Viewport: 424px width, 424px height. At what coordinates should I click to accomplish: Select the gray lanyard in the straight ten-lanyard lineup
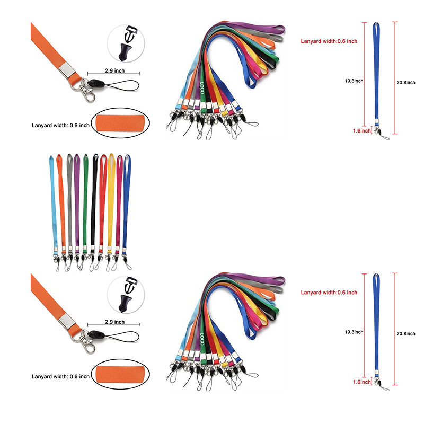[x=69, y=201]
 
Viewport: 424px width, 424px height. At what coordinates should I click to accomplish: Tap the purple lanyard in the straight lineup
[x=77, y=201]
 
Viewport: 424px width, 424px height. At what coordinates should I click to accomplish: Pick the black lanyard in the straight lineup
[x=94, y=201]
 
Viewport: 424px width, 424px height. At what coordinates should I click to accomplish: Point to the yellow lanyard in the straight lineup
[x=111, y=201]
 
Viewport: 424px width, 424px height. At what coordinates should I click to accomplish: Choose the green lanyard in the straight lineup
[x=86, y=201]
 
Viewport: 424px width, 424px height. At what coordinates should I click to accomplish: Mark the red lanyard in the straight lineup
[x=102, y=201]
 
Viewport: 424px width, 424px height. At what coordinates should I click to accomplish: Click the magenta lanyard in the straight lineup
[x=119, y=201]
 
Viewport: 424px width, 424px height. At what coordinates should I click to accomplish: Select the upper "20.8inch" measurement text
[x=410, y=81]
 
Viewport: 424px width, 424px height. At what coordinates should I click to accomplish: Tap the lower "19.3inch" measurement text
[x=351, y=332]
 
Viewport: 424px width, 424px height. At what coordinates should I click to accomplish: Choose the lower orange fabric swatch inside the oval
[x=122, y=374]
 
